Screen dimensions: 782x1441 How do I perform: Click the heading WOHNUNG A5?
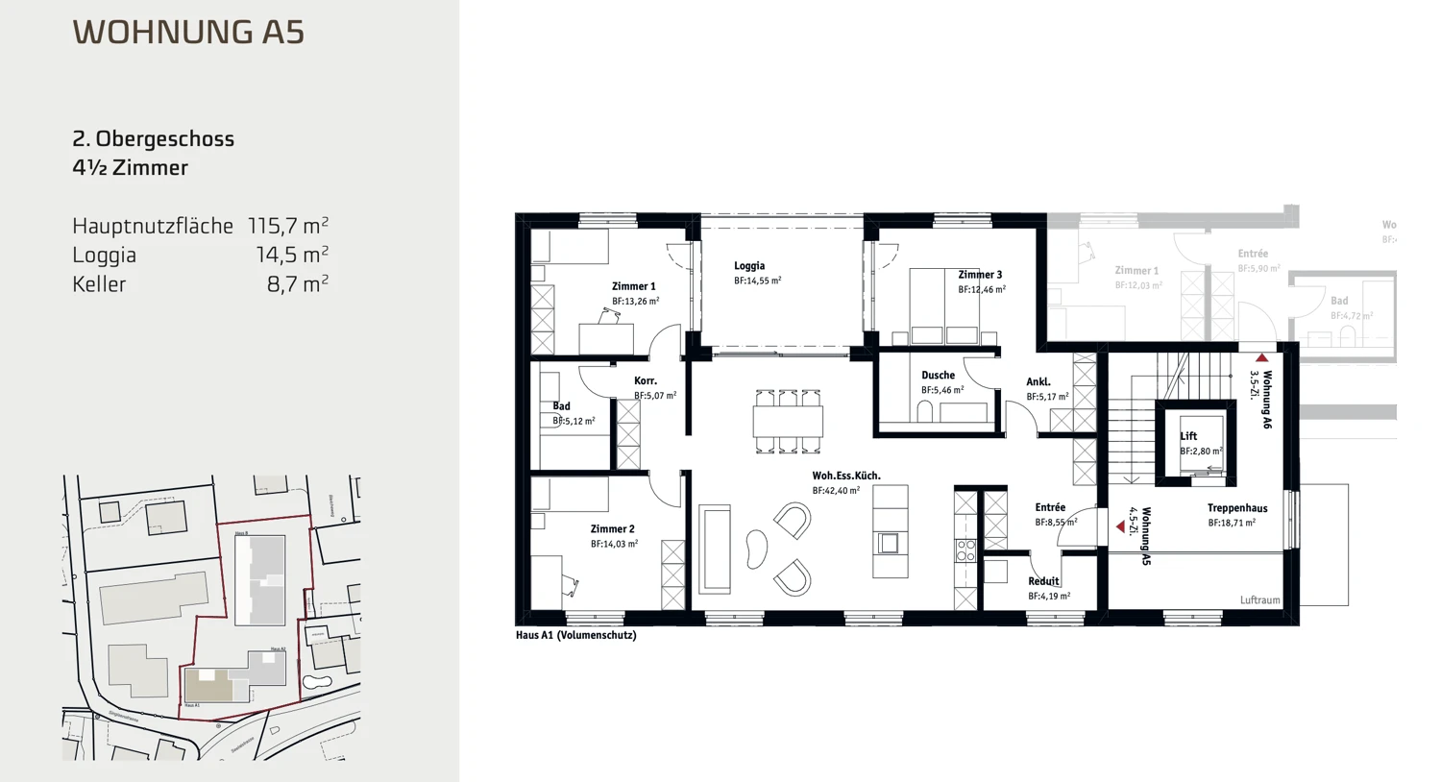(188, 32)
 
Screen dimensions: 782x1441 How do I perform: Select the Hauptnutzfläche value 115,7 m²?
(287, 226)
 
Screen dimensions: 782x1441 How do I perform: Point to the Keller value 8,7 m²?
(297, 284)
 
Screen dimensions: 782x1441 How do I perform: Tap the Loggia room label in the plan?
(749, 266)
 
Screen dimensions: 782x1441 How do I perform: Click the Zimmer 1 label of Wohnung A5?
(633, 286)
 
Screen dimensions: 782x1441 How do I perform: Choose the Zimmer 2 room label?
(612, 529)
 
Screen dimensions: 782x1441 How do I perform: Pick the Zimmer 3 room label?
(980, 275)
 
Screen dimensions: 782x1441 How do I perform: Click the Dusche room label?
(938, 376)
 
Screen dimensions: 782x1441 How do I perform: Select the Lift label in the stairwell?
(1188, 436)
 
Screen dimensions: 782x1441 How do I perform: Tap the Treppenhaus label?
(1237, 508)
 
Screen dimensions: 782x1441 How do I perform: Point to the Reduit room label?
(1043, 581)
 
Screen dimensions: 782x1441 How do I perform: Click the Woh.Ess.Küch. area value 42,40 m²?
(836, 491)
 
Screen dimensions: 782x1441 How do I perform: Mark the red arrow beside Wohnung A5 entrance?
(1120, 526)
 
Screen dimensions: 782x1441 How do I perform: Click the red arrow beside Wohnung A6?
(1261, 358)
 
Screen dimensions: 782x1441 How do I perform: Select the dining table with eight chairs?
(788, 421)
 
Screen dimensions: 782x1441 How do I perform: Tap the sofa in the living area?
(714, 549)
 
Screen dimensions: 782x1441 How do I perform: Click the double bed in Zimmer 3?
(944, 305)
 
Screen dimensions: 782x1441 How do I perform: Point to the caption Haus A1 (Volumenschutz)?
(575, 635)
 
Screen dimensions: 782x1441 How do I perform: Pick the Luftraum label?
(1259, 600)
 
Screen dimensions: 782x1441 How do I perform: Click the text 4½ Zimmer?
(130, 168)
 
